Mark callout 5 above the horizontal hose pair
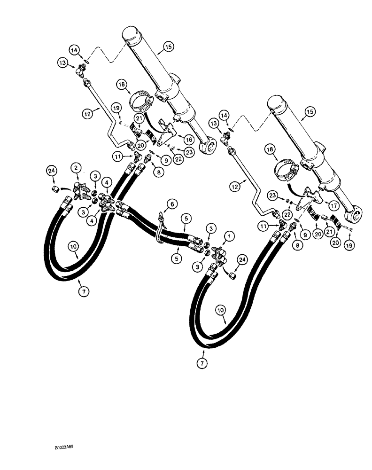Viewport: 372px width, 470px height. (x=187, y=219)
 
